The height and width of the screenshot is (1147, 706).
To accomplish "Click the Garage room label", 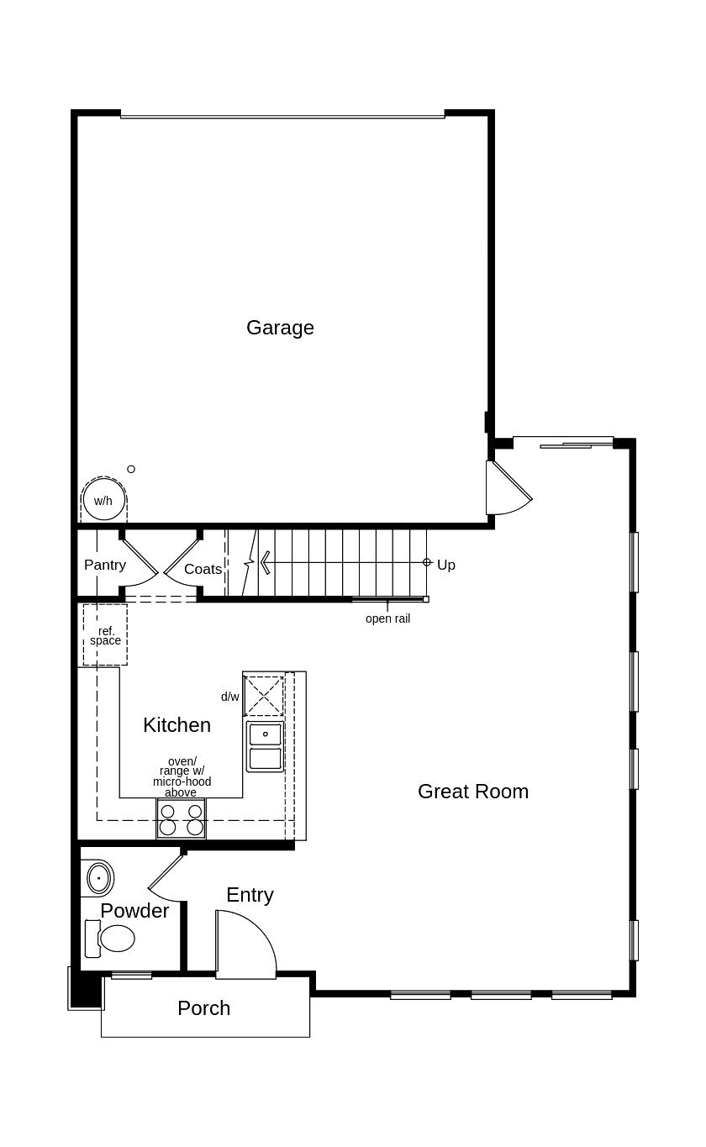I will [x=280, y=328].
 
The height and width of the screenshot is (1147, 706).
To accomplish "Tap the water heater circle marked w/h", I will [x=103, y=501].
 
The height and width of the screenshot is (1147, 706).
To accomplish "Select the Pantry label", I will [x=105, y=565].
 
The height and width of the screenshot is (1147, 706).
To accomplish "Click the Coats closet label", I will [x=203, y=569].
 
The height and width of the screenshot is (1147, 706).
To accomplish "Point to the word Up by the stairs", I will [x=446, y=565].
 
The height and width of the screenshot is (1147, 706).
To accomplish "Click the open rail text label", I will [x=387, y=618].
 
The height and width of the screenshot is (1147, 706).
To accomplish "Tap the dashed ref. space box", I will [x=105, y=634].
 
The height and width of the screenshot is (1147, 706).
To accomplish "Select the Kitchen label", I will [x=176, y=724].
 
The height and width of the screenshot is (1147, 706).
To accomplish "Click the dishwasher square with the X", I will [x=264, y=696].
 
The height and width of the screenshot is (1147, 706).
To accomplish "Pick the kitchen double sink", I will [x=265, y=746].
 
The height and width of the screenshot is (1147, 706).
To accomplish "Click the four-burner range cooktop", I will [x=182, y=819].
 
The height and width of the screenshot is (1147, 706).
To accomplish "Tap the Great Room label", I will [x=473, y=791].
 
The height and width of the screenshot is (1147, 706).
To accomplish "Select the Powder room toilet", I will [x=112, y=938].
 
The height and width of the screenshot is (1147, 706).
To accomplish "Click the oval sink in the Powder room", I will [x=99, y=878].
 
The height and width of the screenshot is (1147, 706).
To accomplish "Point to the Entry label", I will [x=250, y=895].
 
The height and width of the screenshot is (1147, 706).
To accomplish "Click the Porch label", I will [x=203, y=1008].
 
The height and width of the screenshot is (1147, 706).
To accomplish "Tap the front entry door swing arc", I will [x=252, y=941].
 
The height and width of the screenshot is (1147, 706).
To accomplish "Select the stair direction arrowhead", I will [x=266, y=562].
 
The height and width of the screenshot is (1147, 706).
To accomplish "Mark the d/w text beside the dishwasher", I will [x=230, y=697].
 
